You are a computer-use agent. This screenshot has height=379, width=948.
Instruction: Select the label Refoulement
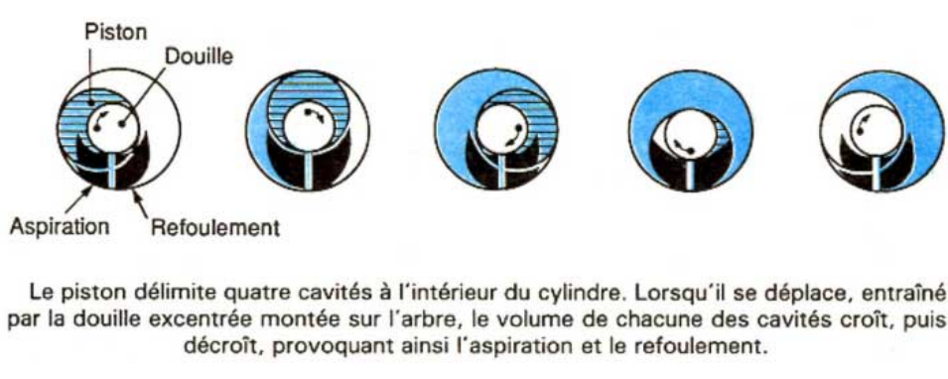coord(214,228)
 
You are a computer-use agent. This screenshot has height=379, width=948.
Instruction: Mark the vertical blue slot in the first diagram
coord(114,171)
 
